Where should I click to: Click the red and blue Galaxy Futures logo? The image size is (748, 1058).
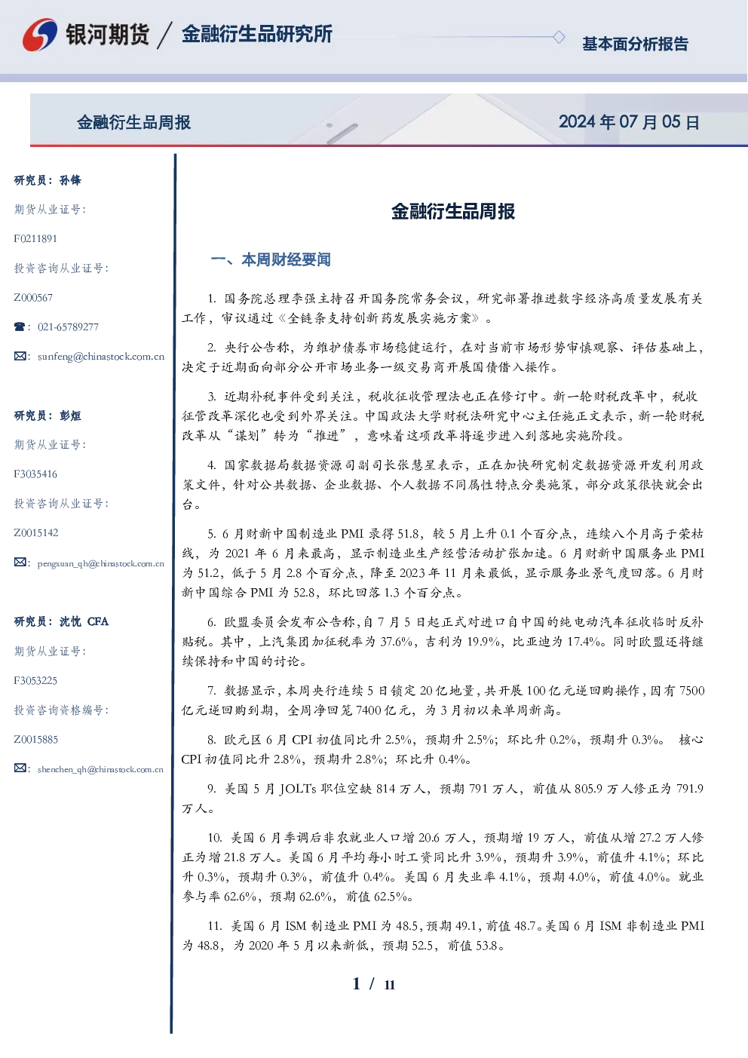(40, 35)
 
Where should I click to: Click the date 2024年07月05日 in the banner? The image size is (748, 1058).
(629, 122)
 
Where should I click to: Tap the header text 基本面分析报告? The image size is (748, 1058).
(635, 44)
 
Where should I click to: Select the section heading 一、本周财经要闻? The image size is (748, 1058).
(271, 259)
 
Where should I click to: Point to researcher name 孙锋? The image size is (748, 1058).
(70, 180)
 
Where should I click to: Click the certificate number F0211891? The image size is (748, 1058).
(35, 238)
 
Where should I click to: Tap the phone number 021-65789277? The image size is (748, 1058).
(68, 327)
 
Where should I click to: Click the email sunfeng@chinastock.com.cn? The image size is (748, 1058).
(101, 357)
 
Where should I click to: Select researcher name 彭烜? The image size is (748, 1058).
(70, 416)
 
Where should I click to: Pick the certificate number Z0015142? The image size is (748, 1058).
(36, 533)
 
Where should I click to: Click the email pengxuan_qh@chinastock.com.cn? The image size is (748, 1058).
(101, 563)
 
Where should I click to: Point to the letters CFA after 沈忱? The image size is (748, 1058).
(98, 621)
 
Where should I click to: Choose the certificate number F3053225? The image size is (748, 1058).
(35, 681)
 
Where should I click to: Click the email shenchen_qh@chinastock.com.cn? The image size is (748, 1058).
(100, 769)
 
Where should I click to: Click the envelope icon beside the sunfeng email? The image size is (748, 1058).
(20, 356)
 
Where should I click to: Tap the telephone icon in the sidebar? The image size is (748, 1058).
(20, 327)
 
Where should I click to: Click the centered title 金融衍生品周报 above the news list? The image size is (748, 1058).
(453, 211)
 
